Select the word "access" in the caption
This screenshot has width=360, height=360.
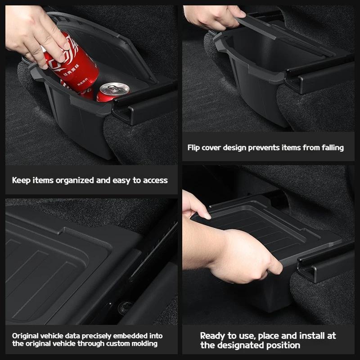click(x=155, y=180)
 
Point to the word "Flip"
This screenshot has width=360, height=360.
click(x=193, y=148)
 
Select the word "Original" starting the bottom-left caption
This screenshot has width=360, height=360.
click(x=25, y=336)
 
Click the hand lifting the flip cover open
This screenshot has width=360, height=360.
click(x=213, y=17)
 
